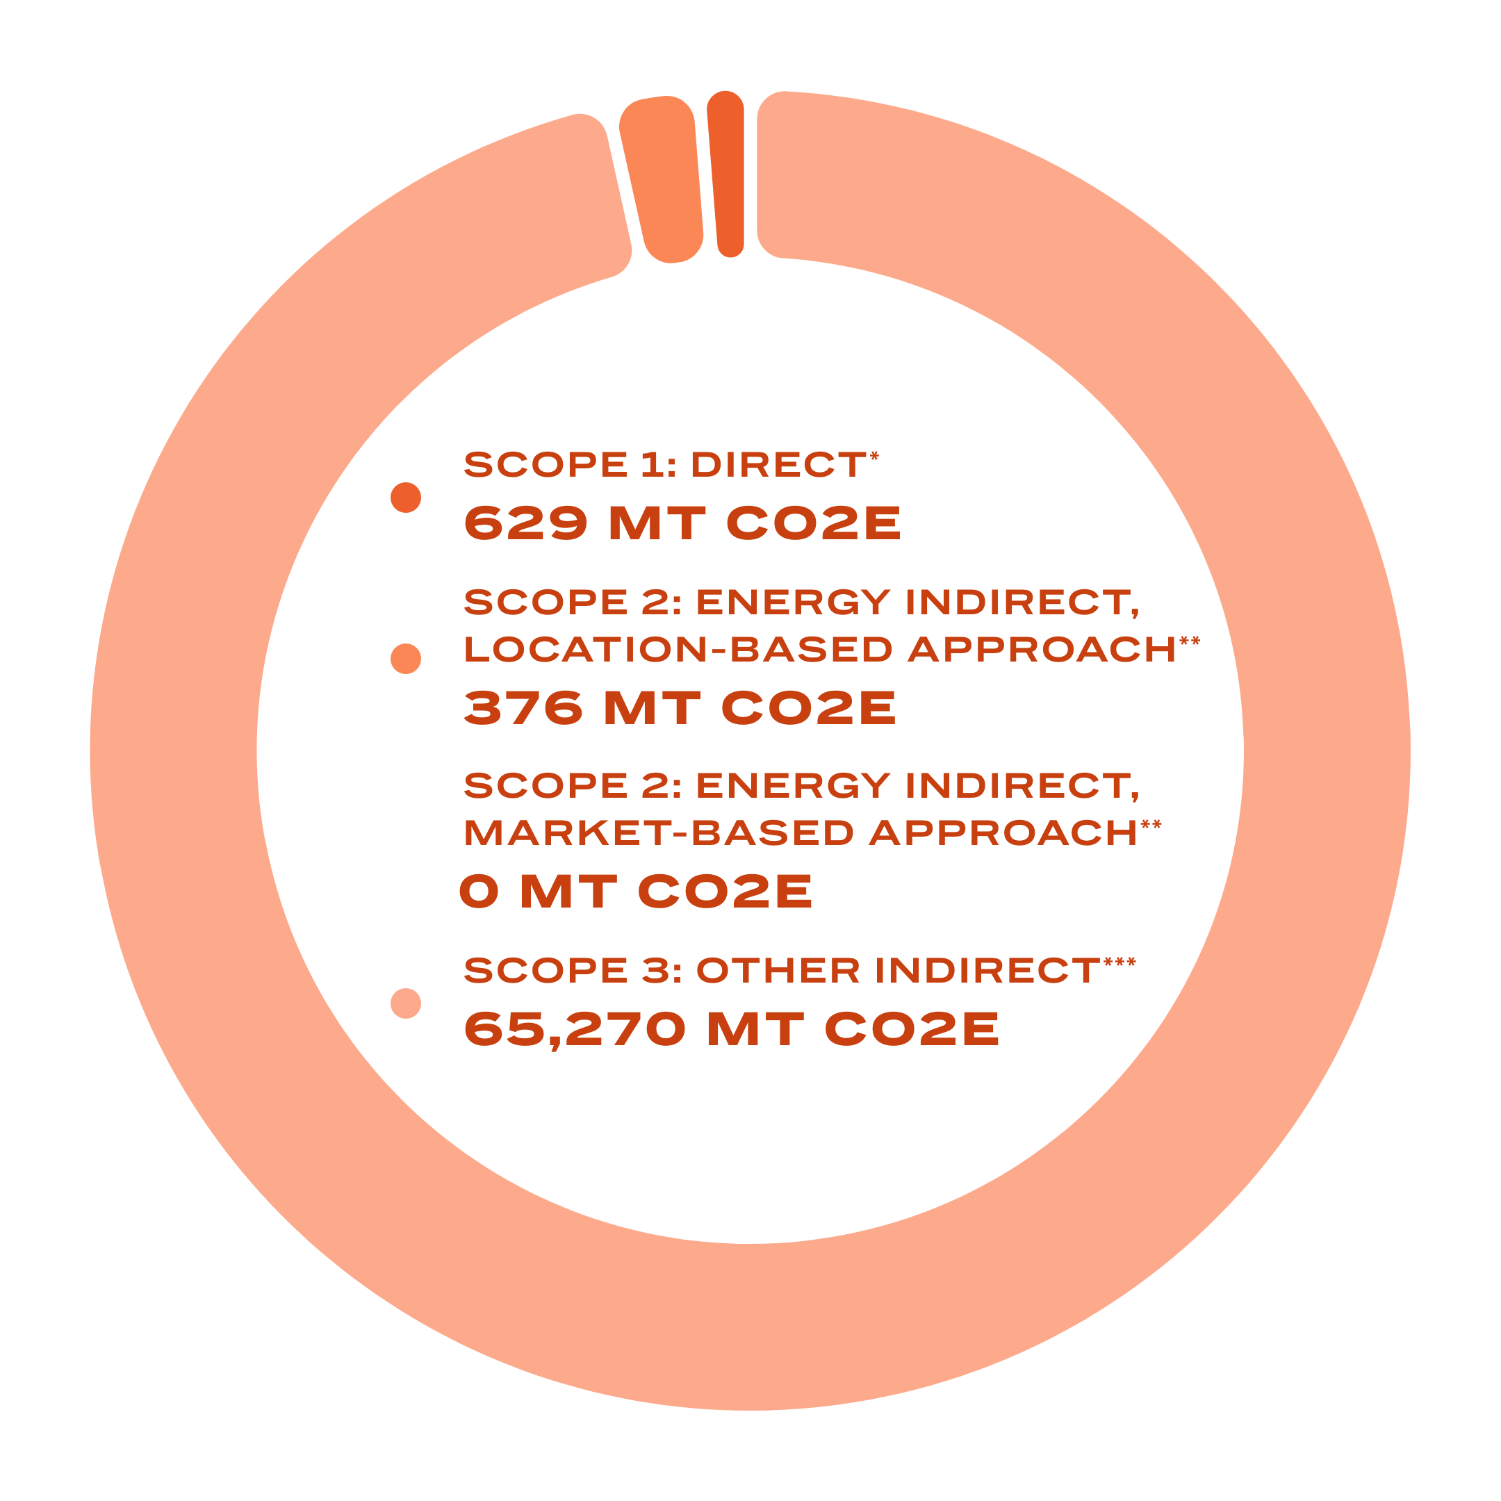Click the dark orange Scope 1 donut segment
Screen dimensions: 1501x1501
coord(726,174)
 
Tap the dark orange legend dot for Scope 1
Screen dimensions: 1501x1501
coord(406,498)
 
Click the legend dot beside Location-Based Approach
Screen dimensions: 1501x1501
coord(406,659)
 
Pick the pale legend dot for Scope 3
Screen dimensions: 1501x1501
coord(406,1003)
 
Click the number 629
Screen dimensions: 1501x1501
coord(525,523)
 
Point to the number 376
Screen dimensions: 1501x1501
coord(523,708)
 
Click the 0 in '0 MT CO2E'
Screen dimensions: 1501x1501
coord(479,891)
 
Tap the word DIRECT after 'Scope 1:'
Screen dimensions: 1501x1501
coord(778,466)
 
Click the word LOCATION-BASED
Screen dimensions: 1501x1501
coord(678,650)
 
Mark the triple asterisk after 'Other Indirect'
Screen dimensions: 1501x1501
coord(1119,963)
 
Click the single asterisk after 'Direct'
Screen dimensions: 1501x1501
coord(875,456)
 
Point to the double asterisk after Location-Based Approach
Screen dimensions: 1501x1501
coord(1190,641)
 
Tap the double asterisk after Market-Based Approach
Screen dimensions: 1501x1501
coord(1151,825)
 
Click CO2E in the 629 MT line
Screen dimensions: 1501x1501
coord(814,523)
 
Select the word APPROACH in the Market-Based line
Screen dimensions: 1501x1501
coord(1003,833)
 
